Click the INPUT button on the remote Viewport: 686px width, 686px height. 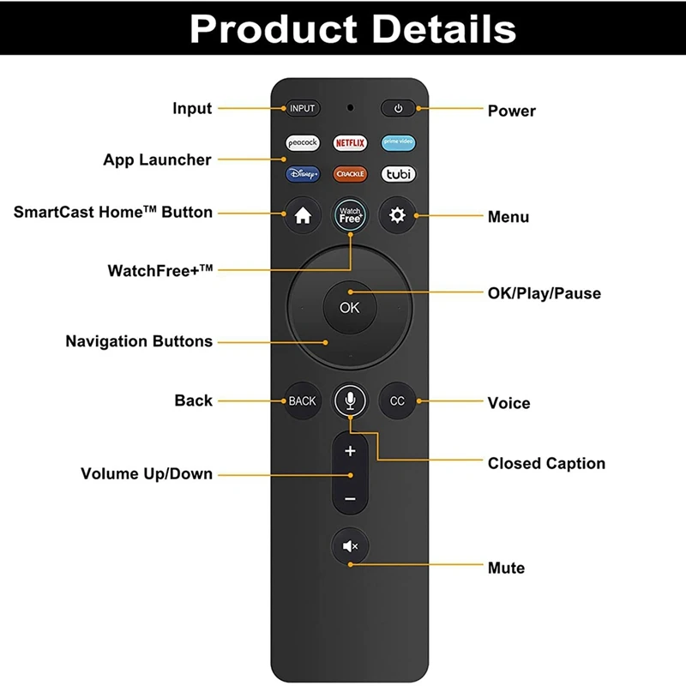point(302,109)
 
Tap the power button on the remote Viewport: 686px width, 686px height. point(398,109)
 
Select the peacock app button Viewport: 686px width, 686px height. point(302,142)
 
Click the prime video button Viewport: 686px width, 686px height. point(398,142)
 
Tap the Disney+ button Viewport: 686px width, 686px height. point(302,173)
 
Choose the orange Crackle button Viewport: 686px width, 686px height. point(350,173)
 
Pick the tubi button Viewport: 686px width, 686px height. point(398,173)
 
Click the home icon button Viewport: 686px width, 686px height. point(302,216)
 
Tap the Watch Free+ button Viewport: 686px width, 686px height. point(350,216)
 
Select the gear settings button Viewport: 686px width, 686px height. point(398,216)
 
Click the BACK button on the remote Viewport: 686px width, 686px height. point(302,400)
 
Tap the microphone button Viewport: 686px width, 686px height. point(350,400)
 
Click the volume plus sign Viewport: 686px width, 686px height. point(350,451)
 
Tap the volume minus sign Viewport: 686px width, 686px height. point(350,498)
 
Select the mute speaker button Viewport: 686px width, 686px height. point(350,545)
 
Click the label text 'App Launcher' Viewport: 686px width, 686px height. point(157,159)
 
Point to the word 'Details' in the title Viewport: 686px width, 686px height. point(423,29)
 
